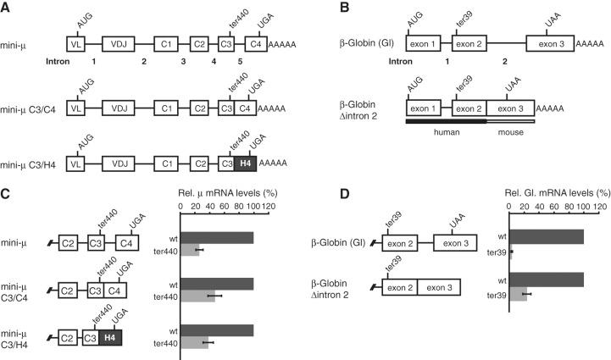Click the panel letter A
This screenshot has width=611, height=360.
tap(7, 7)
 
